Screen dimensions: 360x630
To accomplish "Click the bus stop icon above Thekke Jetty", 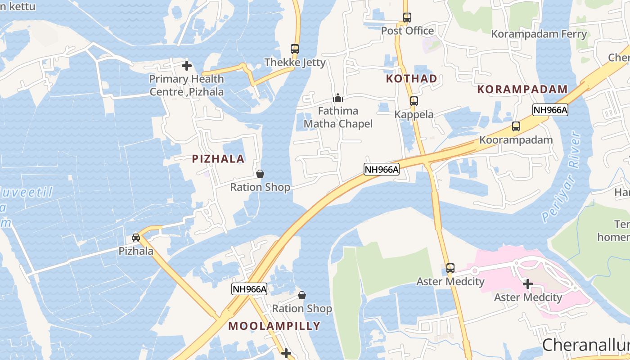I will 295,49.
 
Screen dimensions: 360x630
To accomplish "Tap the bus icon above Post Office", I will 407,18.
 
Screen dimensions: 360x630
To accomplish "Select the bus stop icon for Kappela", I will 414,101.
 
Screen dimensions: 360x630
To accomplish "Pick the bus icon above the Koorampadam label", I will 516,126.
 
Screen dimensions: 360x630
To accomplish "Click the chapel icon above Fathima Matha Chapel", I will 338,97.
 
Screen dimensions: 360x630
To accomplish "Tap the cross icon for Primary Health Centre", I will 187,66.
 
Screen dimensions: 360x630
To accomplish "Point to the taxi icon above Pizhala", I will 136,237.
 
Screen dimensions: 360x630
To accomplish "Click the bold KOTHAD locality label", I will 412,79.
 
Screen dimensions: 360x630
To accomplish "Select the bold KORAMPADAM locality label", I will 522,89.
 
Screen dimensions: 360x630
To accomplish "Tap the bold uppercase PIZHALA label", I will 218,158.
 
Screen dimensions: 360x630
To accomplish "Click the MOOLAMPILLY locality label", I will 274,326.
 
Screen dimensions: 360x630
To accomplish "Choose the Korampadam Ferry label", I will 539,34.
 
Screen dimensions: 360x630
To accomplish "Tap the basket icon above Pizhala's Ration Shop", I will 260,174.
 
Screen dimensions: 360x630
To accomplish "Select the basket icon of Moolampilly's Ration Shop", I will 302,295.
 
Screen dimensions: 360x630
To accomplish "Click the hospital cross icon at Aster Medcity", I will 528,284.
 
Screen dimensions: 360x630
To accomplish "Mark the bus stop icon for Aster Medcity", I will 450,268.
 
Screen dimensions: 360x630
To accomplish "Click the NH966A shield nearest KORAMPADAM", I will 550,110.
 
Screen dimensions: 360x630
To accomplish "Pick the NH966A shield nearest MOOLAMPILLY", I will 249,289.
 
